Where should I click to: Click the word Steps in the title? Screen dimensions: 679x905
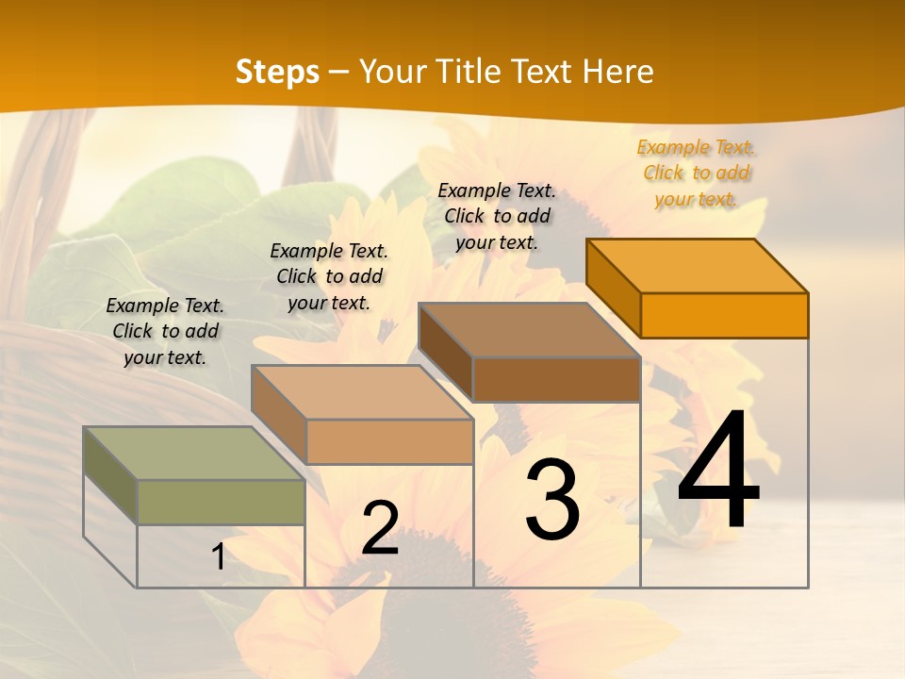(x=277, y=72)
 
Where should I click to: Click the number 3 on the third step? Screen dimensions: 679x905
(x=552, y=500)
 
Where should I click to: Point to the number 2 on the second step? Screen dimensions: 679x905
(x=381, y=528)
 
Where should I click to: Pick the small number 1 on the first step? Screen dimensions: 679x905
(x=218, y=556)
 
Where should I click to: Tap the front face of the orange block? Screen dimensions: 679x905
(x=724, y=315)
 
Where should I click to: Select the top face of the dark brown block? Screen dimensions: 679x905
(x=529, y=330)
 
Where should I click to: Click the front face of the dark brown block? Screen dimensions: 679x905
(x=556, y=379)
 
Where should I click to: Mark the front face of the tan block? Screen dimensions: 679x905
(x=389, y=441)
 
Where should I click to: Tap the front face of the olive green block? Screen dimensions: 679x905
(x=221, y=502)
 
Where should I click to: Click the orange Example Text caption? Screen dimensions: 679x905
(x=696, y=173)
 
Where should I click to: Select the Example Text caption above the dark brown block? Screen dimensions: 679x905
(x=497, y=216)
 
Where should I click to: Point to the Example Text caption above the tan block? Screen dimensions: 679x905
(x=329, y=276)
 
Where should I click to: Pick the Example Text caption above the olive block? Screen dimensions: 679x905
(x=165, y=331)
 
